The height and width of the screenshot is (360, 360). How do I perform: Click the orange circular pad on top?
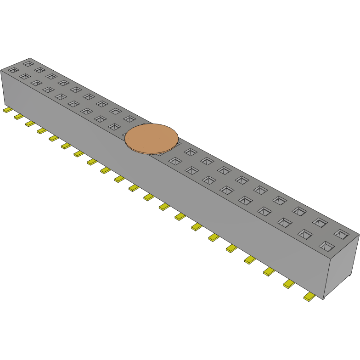point(152,138)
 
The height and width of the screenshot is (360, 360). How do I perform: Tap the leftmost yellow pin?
point(7,111)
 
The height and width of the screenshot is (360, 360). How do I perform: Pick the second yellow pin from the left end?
point(18,117)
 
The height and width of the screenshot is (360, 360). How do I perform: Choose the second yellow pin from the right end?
point(288,284)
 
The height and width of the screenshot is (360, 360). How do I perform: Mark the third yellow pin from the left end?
point(30,124)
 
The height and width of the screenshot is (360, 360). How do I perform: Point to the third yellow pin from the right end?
point(269,272)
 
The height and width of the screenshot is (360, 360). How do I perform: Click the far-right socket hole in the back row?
point(341,234)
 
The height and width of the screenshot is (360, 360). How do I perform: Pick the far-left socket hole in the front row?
point(12,70)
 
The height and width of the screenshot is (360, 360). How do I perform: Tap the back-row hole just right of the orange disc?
point(190,151)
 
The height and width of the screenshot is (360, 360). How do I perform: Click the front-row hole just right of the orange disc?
point(174,161)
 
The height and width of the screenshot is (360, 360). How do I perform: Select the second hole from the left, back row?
point(39,70)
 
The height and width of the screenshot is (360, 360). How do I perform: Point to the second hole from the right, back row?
point(320,222)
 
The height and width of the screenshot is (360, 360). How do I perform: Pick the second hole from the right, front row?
point(305,234)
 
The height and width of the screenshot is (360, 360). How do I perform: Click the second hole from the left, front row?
point(24,76)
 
